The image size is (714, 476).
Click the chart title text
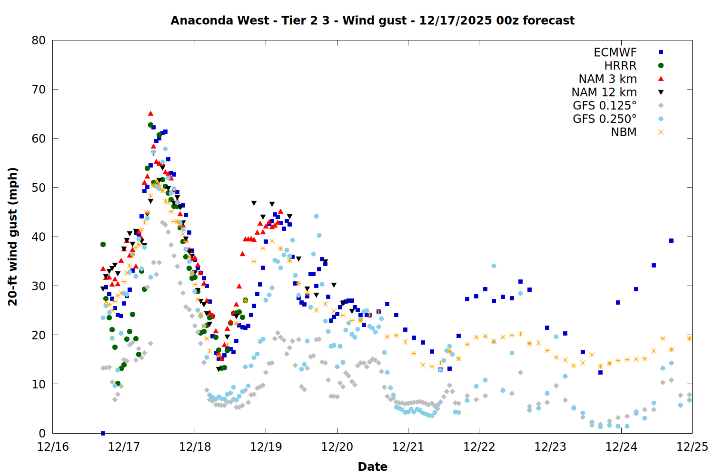[372, 20]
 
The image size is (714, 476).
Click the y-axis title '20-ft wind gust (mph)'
[13, 237]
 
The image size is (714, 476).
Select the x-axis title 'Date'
[372, 466]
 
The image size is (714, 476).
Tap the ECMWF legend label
[615, 52]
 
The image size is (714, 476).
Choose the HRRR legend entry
[620, 66]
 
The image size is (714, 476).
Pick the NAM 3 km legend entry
[607, 79]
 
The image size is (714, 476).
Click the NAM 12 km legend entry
[604, 92]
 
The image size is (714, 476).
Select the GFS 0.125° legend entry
[605, 106]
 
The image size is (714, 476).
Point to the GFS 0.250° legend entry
[605, 119]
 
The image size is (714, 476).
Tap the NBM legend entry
[624, 132]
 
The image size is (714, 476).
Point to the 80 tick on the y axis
[39, 40]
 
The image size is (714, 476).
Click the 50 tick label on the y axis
[39, 188]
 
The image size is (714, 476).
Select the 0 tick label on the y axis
[42, 433]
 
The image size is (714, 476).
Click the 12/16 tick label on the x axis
[53, 447]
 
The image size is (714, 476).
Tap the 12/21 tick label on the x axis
[408, 447]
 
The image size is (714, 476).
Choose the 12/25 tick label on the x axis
[692, 447]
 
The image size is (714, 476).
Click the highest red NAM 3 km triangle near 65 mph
[150, 113]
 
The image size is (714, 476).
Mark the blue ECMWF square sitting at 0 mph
[103, 433]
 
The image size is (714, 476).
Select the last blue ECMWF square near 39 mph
[671, 240]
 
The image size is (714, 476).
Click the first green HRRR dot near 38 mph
[103, 244]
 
